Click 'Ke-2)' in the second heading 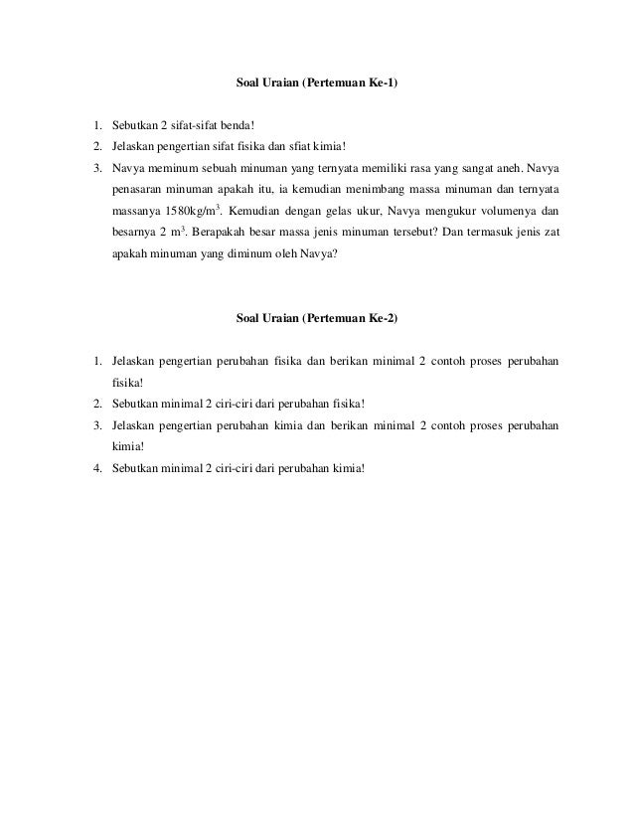(382, 318)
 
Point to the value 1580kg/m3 (190, 211)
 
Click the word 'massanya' (137, 211)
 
